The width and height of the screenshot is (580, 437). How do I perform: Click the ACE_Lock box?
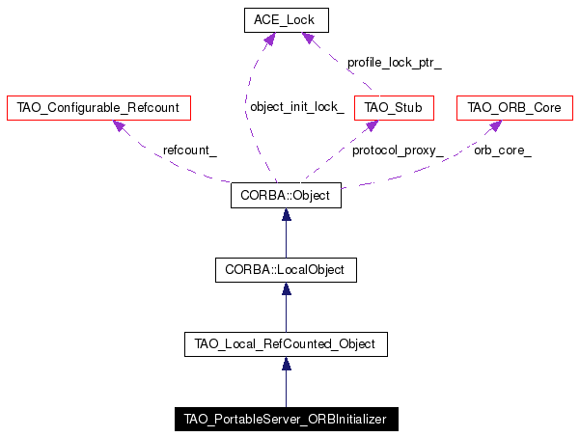pos(287,20)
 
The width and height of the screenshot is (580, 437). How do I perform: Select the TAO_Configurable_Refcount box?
pos(98,108)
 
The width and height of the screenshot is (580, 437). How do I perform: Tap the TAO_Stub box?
pos(394,108)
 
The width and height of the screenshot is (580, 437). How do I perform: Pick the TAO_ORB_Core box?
pos(514,108)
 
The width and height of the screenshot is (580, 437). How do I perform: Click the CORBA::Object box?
pos(286,195)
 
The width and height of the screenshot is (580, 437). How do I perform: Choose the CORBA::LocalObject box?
pos(286,270)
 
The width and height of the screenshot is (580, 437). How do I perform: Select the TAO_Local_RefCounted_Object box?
pos(286,344)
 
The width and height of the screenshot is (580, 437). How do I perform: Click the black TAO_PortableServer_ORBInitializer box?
pos(287,420)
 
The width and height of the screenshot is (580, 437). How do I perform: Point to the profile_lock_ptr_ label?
pos(395,63)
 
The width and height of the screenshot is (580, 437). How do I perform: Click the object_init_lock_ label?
pos(297,107)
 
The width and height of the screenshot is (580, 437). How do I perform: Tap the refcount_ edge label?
pos(190,150)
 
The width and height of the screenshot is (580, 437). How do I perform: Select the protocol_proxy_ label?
pos(398,150)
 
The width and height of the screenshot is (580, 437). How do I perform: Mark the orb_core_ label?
pos(503,150)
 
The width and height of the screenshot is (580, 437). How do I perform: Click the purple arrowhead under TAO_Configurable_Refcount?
pos(119,125)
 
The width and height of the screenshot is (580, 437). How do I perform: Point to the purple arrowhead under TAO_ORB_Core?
pos(495,125)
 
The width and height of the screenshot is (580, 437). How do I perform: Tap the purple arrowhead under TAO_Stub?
pos(372,125)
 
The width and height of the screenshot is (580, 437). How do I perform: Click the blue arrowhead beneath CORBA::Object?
pos(287,214)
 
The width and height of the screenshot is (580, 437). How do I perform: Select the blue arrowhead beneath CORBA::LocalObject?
pos(287,288)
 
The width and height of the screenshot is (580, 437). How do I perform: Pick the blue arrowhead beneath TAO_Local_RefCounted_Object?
pos(287,364)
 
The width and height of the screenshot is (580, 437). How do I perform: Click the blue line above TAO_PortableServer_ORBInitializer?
pos(286,388)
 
